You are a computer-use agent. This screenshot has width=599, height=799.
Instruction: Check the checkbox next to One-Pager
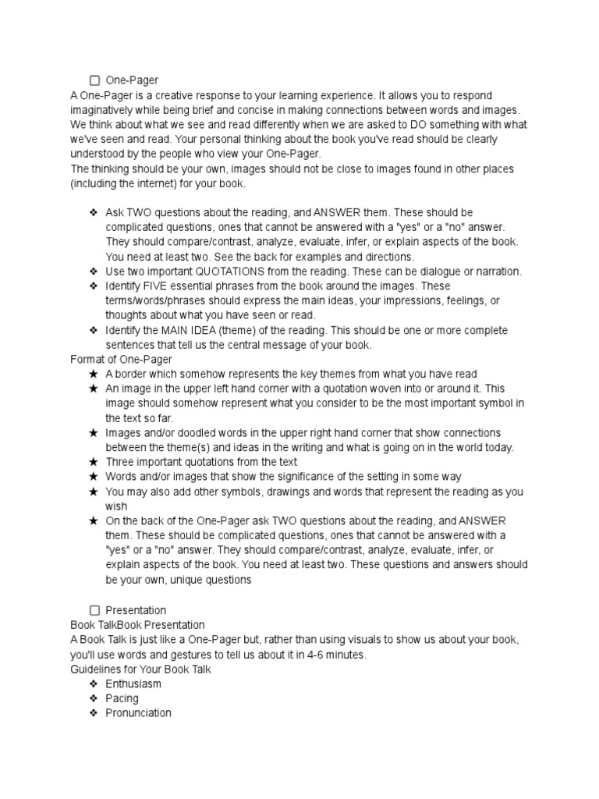94,80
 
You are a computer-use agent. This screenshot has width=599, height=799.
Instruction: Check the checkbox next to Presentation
94,610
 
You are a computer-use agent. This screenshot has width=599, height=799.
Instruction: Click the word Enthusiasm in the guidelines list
133,684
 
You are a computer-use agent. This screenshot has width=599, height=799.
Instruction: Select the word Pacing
122,698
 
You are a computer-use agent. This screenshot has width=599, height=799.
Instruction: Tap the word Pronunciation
138,713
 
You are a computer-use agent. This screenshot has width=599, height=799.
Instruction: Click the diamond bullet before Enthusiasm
94,684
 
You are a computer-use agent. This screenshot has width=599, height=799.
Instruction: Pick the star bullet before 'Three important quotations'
94,462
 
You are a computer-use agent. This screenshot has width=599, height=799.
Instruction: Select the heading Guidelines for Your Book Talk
140,669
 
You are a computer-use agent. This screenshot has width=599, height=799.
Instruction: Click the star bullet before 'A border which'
94,374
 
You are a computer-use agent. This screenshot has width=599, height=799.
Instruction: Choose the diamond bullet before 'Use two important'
94,272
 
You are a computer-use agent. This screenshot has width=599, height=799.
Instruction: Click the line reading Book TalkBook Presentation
137,625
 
